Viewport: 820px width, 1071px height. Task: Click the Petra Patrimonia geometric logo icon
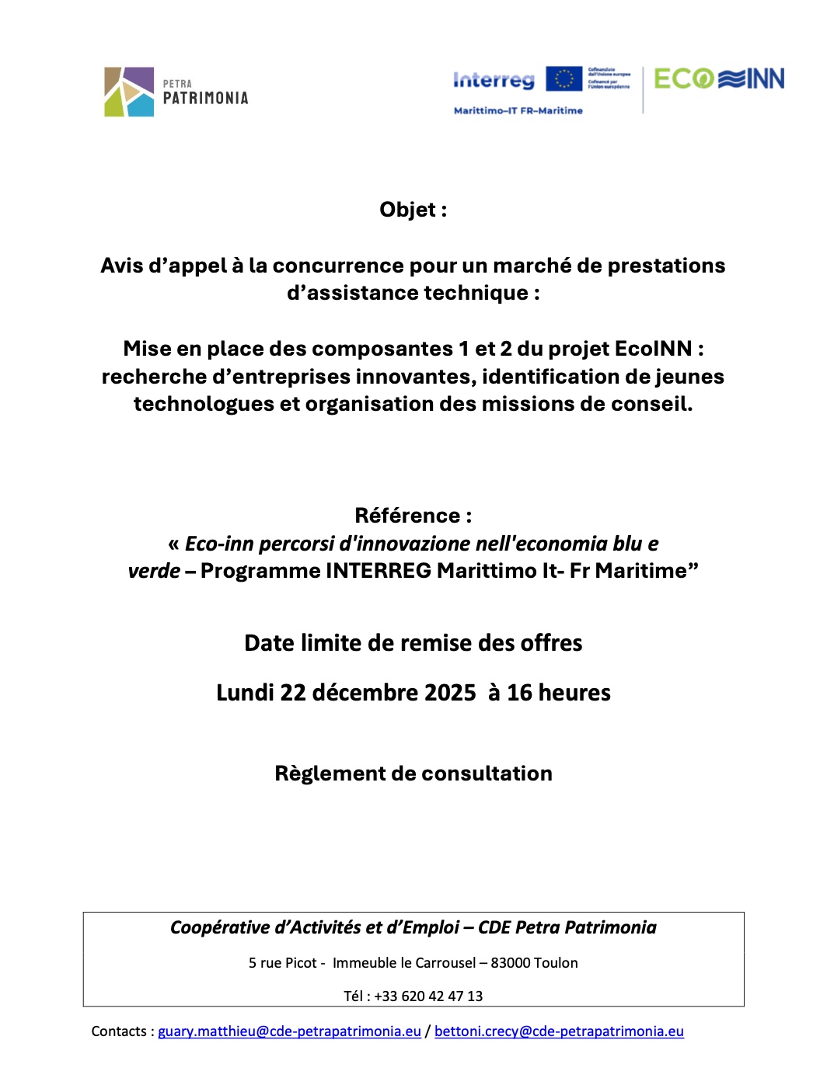point(129,92)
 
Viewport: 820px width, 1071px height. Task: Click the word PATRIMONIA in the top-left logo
point(205,99)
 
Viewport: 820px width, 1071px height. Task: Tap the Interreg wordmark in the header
point(494,80)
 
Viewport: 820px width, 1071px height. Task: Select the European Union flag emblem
point(564,79)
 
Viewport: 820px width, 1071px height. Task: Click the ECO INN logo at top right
point(719,79)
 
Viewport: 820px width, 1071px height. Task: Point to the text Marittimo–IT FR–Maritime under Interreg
point(518,111)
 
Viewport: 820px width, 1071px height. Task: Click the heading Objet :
point(413,210)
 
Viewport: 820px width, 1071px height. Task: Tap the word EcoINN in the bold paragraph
point(653,349)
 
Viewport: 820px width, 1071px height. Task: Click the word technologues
point(204,404)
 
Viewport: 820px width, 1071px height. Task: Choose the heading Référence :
point(413,516)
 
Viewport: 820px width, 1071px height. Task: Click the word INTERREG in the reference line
point(378,571)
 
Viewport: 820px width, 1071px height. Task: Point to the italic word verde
point(154,571)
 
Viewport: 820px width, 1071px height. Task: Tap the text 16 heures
point(559,693)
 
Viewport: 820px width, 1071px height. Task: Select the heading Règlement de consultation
point(413,774)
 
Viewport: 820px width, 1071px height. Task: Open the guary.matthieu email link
point(289,1031)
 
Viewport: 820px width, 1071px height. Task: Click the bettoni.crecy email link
point(559,1031)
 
